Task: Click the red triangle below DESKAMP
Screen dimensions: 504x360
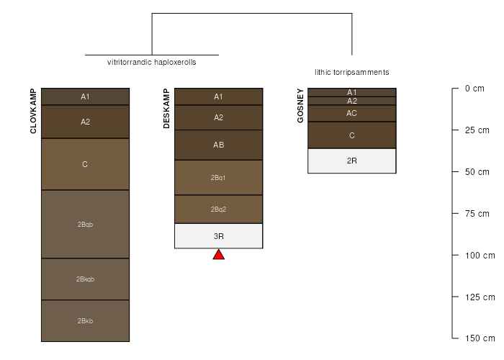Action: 219,255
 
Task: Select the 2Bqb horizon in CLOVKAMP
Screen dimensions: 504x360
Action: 85,224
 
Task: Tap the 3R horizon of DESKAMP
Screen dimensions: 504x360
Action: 219,236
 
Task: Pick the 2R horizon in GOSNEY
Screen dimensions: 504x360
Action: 352,161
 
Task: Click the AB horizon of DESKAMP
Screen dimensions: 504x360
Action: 219,145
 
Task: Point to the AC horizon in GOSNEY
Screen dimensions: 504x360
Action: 352,113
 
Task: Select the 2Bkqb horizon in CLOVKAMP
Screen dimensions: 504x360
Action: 85,279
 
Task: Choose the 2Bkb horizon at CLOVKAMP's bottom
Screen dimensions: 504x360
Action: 85,321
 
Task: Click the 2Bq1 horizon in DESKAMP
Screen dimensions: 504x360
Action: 219,177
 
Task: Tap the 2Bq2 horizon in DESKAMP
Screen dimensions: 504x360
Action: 219,210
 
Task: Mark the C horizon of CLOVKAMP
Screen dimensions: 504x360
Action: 85,164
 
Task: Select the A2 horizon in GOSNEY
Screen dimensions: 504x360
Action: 352,101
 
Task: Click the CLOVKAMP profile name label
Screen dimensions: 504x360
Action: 33,111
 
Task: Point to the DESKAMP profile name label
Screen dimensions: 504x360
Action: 166,108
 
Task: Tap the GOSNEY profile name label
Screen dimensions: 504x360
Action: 300,105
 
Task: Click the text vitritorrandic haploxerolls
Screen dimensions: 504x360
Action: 152,62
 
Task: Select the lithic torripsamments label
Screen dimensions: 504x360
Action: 352,72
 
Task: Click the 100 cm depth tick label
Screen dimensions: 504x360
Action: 480,256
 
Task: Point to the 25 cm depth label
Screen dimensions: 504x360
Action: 477,130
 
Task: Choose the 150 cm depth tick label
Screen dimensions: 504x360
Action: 480,338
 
